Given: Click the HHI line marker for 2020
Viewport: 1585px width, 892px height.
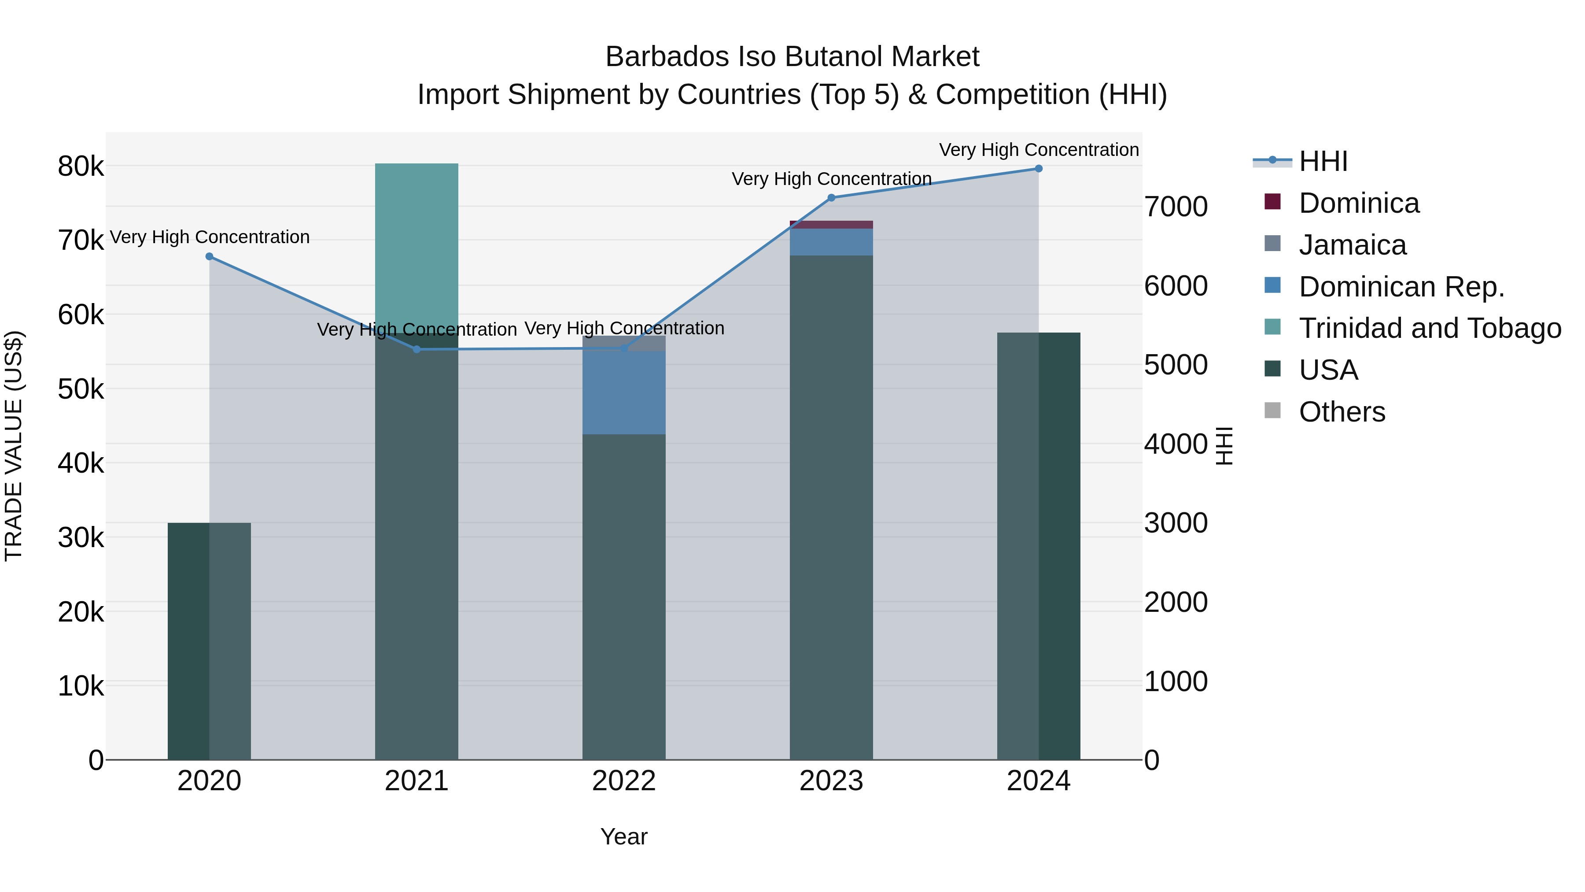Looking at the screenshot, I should pyautogui.click(x=209, y=257).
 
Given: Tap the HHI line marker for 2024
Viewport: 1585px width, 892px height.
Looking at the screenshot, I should pyautogui.click(x=1039, y=169).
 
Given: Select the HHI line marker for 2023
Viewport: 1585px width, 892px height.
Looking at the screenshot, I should pyautogui.click(x=831, y=198).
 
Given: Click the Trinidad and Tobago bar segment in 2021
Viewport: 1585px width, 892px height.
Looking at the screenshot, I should pyautogui.click(x=417, y=246).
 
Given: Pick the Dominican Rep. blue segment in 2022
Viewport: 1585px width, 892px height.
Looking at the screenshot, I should pyautogui.click(x=624, y=393).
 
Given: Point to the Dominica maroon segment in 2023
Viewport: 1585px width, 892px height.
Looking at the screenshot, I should pyautogui.click(x=831, y=225).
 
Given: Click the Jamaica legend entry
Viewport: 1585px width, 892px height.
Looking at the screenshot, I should pyautogui.click(x=1353, y=245).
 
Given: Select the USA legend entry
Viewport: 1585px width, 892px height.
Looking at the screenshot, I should pyautogui.click(x=1328, y=370).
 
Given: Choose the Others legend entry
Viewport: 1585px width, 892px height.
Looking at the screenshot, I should pyautogui.click(x=1342, y=412).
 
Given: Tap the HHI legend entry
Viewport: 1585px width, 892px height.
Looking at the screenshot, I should pyautogui.click(x=1323, y=161).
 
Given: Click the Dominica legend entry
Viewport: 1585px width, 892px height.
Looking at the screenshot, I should pyautogui.click(x=1359, y=203).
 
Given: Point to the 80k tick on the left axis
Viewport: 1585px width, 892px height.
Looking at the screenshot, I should pyautogui.click(x=81, y=166).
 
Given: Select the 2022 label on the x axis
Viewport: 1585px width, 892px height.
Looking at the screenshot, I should pyautogui.click(x=624, y=781).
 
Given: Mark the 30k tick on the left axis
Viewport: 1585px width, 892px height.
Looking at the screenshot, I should pyautogui.click(x=81, y=538).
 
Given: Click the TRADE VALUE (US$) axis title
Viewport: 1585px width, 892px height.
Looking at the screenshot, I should pyautogui.click(x=14, y=446).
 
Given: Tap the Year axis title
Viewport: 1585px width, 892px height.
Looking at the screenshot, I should pyautogui.click(x=624, y=836).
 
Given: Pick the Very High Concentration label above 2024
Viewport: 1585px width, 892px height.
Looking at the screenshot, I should pyautogui.click(x=1039, y=150).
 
